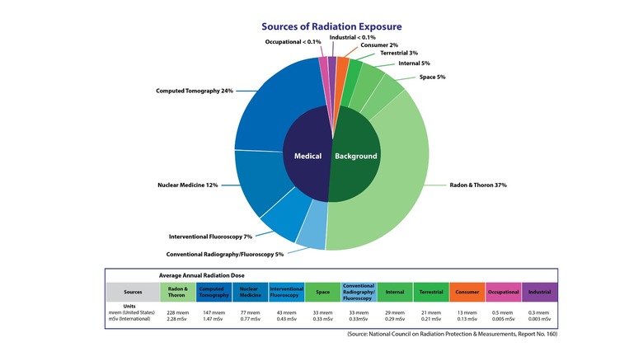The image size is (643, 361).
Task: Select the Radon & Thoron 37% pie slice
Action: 387,181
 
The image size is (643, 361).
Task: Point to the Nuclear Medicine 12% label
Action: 188,185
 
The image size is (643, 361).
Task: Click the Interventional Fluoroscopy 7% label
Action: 210,237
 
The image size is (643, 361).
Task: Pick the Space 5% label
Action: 432,77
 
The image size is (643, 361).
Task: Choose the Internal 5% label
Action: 413,63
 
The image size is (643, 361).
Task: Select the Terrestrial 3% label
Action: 399,53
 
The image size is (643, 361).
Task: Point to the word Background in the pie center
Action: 355,156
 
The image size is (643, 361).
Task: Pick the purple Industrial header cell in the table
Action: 539,291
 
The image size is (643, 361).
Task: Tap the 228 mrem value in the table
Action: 175,313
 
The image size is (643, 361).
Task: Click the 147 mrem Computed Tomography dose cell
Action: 214,313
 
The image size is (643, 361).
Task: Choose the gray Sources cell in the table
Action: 133,291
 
